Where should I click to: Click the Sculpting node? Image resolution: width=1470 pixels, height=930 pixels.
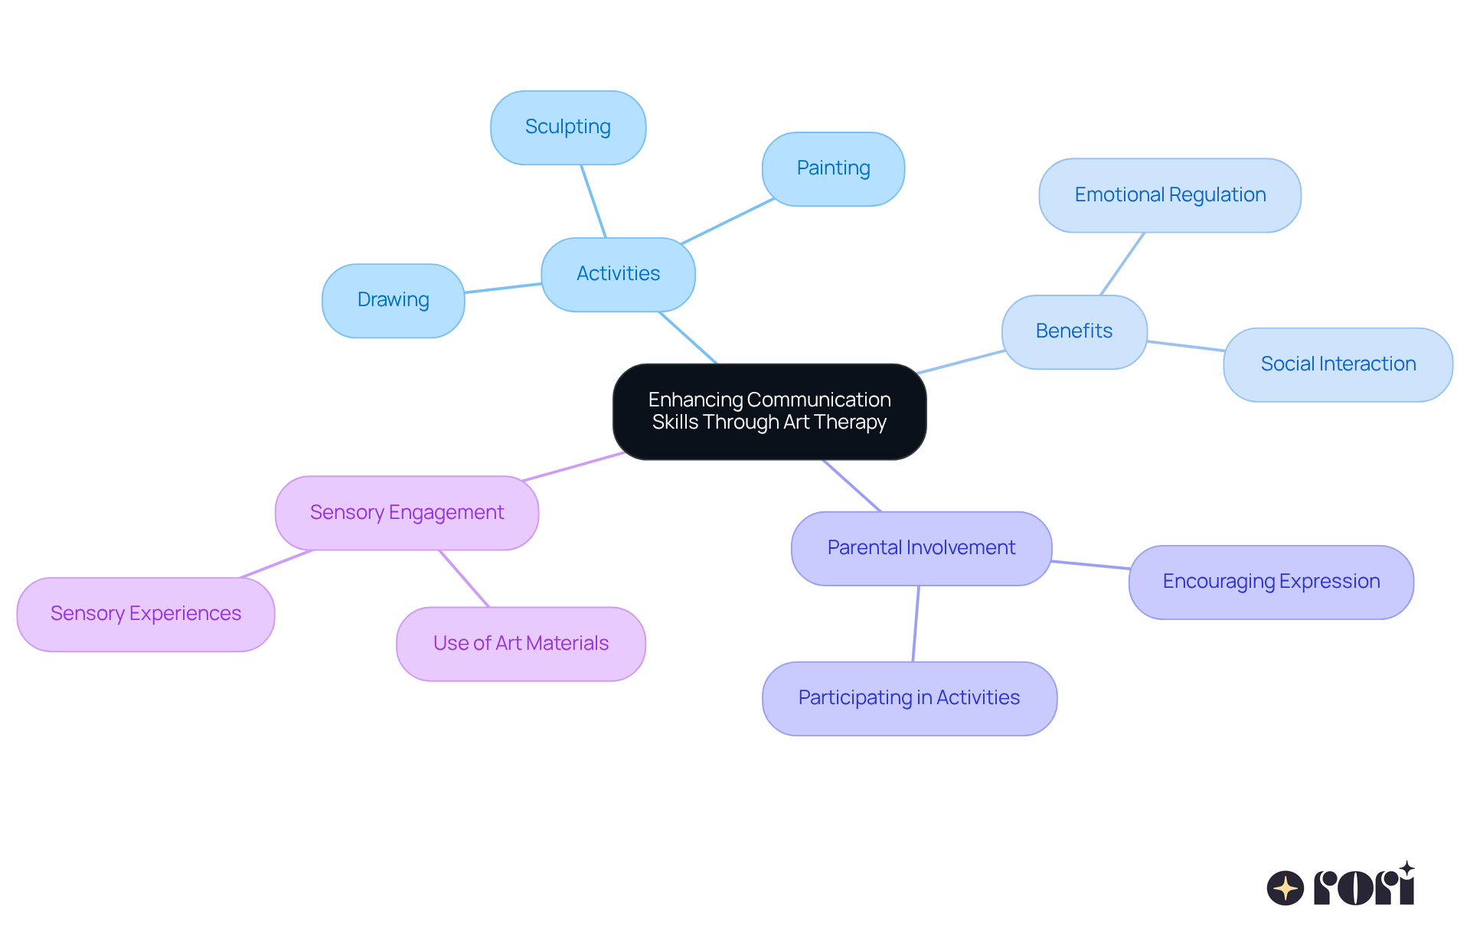coord(568,128)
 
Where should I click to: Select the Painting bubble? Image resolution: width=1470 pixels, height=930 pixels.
coord(833,169)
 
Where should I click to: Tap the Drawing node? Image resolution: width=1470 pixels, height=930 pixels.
coord(393,301)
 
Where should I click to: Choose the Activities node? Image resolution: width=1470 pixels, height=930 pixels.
coord(618,275)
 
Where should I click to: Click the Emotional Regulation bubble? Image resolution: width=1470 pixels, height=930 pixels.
coord(1170,196)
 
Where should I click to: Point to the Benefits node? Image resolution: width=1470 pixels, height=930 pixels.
coord(1073,332)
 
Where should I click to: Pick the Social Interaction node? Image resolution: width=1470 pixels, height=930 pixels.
coord(1338,365)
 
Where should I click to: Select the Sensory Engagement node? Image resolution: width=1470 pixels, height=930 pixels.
coord(407,513)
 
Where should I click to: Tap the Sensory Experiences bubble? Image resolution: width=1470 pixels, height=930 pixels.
coord(145,615)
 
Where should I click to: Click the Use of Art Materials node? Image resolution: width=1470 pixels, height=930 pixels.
coord(521,644)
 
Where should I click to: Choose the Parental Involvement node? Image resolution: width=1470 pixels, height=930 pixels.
coord(921,549)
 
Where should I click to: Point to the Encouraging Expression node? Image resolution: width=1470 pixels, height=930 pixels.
coord(1271,582)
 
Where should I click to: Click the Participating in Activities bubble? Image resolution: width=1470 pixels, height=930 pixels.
coord(909,699)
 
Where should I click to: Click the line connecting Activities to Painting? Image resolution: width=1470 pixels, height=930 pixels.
coord(727,221)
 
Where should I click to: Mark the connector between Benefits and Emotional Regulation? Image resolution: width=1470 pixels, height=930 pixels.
coord(1122,264)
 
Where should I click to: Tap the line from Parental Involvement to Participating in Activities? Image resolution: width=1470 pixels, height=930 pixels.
coord(916,624)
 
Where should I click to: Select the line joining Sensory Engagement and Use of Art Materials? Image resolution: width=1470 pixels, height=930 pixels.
coord(464,579)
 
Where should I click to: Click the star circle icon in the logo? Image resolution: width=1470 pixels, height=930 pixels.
coord(1285,888)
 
